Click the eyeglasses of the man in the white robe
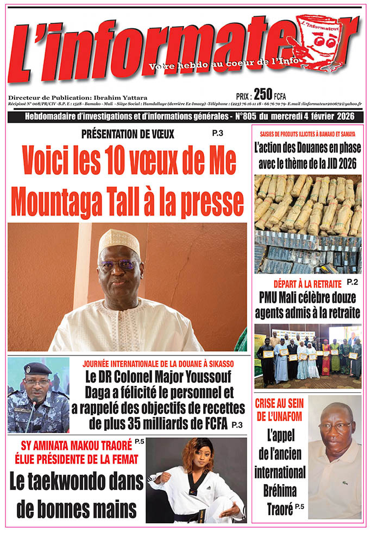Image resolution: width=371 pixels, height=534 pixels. tap(119, 265)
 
